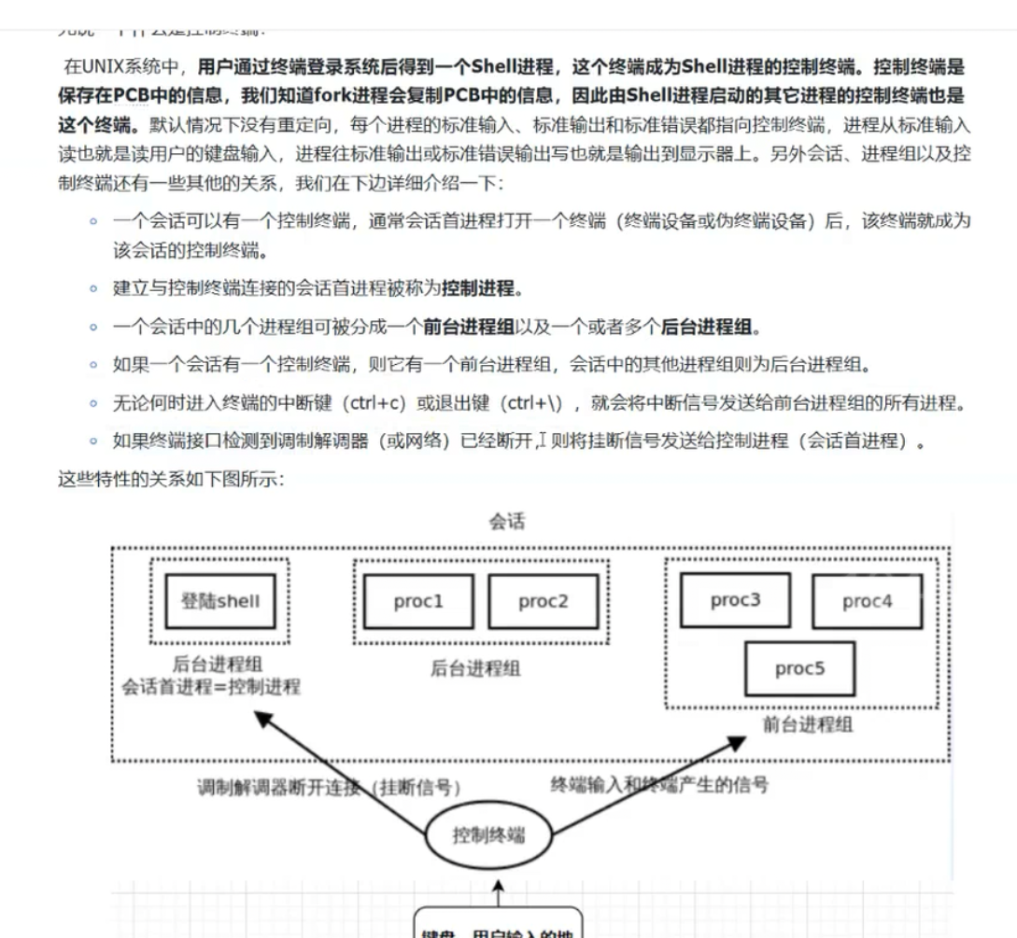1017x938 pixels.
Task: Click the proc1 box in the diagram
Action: click(418, 601)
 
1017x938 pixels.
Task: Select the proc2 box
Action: click(543, 601)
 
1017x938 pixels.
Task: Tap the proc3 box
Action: click(736, 599)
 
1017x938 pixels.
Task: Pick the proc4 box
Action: click(868, 601)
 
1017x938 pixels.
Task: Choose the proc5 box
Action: click(800, 668)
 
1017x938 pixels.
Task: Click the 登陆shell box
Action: click(220, 600)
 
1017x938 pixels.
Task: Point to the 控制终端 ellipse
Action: click(488, 833)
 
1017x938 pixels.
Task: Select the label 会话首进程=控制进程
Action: click(211, 686)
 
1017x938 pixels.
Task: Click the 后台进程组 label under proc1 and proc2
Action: click(475, 668)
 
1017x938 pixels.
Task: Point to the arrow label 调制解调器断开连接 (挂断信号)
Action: click(329, 787)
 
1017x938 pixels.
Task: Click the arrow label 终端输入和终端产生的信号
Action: click(659, 785)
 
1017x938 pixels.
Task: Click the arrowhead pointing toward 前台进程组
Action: click(737, 743)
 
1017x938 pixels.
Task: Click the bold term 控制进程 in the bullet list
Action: click(477, 288)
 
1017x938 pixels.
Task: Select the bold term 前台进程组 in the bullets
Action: click(468, 327)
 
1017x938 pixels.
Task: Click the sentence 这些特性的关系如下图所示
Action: click(171, 480)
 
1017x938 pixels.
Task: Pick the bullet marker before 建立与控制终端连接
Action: click(92, 288)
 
